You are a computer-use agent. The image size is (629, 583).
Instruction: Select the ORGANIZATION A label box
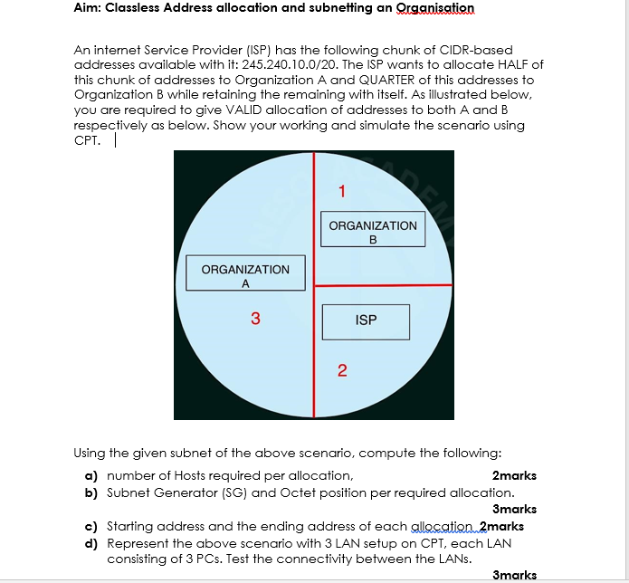[x=245, y=276]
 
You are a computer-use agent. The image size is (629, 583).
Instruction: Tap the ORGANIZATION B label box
[x=372, y=232]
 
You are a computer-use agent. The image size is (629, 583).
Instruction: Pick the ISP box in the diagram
[x=366, y=320]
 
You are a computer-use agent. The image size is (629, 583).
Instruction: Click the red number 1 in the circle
[x=341, y=192]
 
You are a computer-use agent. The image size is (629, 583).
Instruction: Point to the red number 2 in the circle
[x=341, y=369]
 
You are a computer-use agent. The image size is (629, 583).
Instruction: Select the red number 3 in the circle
[x=255, y=319]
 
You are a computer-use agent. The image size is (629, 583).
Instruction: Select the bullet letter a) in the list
[x=91, y=475]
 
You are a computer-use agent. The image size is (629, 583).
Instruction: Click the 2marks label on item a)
[x=514, y=475]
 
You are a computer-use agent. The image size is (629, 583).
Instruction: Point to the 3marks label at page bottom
[x=514, y=575]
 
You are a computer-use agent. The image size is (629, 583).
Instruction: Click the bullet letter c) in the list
[x=91, y=526]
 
